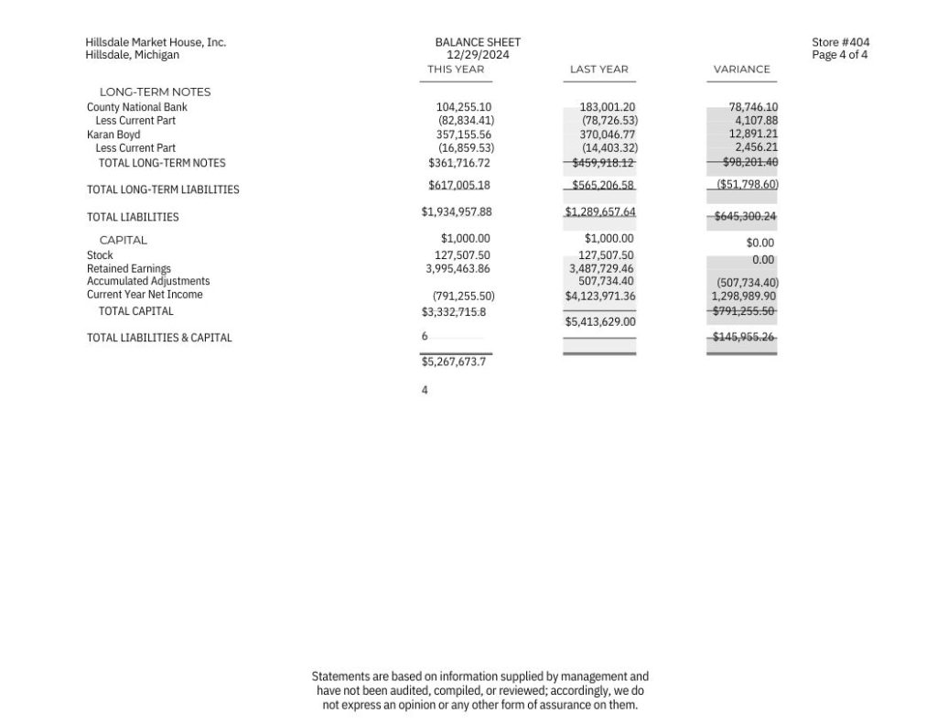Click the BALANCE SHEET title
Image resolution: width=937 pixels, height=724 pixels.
478,42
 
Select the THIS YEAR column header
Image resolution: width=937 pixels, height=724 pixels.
456,70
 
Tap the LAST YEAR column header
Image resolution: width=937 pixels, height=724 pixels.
598,70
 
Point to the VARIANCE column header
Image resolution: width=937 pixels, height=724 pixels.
741,70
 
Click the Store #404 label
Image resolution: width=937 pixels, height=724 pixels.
840,42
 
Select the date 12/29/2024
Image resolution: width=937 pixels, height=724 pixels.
478,55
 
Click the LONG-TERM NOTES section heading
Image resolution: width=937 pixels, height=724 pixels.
155,92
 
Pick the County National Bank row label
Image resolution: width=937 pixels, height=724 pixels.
136,107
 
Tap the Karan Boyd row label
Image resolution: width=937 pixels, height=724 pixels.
113,135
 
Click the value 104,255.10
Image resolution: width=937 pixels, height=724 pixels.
463,107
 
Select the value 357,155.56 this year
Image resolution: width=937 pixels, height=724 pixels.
463,135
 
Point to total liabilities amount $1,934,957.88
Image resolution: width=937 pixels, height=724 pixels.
457,211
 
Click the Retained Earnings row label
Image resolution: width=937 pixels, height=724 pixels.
128,269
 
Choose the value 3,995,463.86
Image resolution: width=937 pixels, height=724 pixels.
458,269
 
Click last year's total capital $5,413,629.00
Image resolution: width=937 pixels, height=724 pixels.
599,322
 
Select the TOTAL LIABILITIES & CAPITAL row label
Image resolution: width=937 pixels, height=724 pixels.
159,338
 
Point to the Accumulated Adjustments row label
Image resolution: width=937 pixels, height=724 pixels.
147,281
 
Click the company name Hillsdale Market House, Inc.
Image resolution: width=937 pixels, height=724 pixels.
156,42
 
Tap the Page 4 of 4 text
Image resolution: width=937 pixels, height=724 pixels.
839,55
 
